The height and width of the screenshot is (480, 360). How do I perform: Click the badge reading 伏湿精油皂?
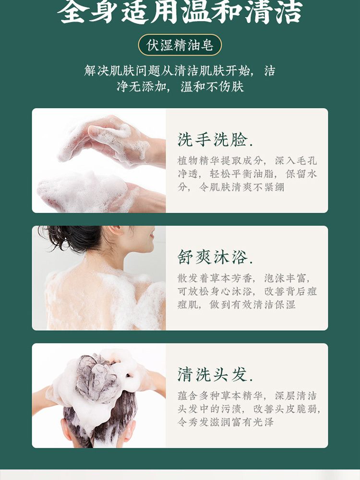coord(180,45)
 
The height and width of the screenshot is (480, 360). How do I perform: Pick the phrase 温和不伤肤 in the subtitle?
coord(212,86)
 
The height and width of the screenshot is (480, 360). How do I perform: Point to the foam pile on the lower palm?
coord(82,192)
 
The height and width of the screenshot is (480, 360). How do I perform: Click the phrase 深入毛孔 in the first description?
coord(296,161)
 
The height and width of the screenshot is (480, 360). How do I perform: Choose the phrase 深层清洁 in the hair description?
coord(296,396)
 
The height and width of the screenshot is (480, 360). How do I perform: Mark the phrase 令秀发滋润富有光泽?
coord(226,422)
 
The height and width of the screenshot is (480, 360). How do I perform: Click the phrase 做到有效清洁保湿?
coord(252,305)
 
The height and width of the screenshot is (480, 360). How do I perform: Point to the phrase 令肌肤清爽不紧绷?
coord(242,187)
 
